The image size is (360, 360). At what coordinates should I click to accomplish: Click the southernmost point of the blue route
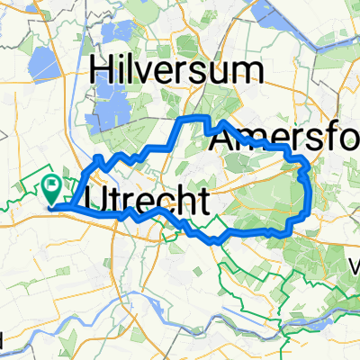click(216, 242)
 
